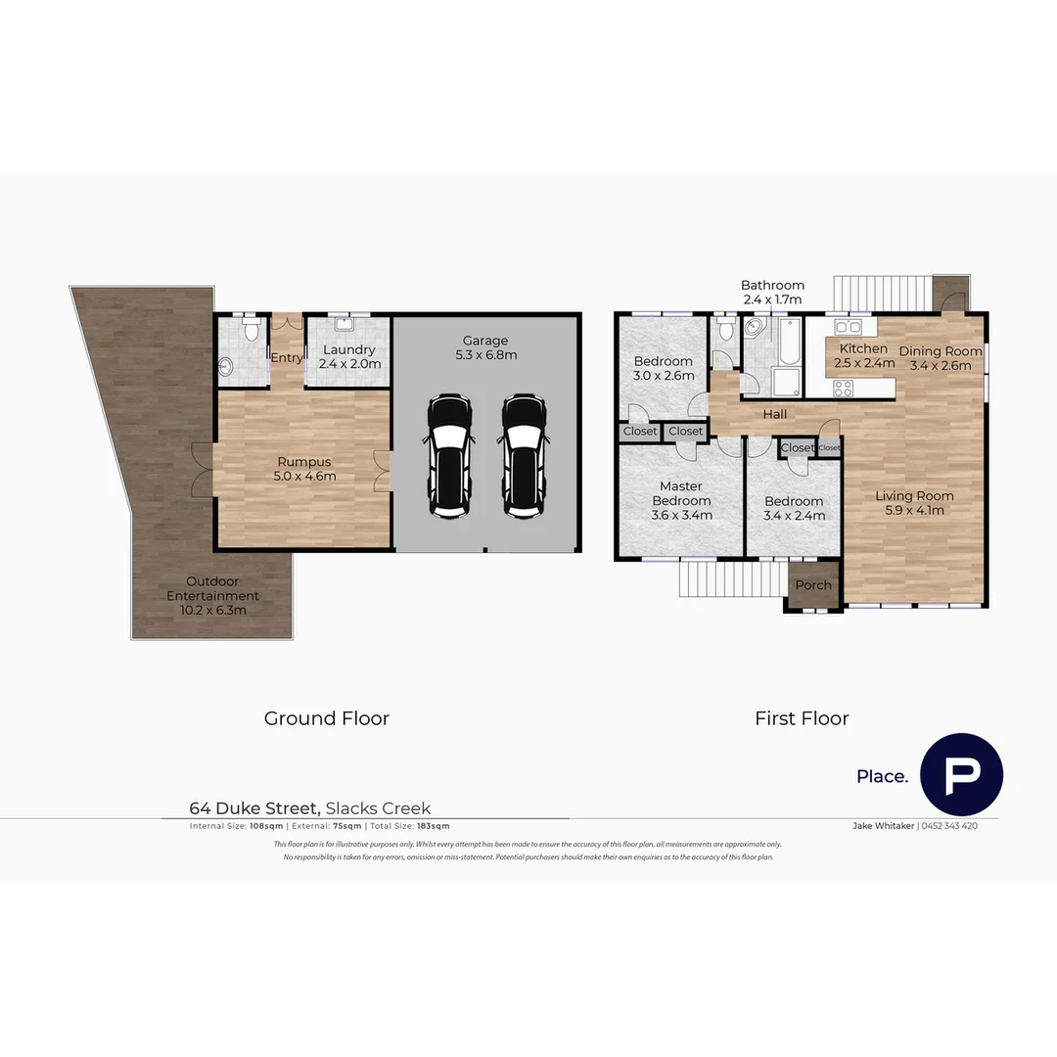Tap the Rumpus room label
click(x=305, y=469)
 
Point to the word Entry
click(x=286, y=358)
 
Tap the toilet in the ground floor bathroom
click(x=251, y=331)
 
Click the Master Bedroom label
click(x=681, y=500)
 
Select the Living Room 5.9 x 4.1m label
click(x=914, y=502)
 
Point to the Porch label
click(x=813, y=585)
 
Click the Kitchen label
click(x=863, y=355)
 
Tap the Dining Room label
click(x=940, y=358)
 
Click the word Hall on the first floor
click(x=774, y=414)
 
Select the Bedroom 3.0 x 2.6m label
click(x=664, y=368)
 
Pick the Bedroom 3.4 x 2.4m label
click(x=794, y=508)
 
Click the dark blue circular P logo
click(x=961, y=774)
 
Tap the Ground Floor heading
click(x=326, y=718)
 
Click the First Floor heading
click(x=802, y=718)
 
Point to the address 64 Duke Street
click(x=254, y=808)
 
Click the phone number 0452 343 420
click(x=950, y=826)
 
